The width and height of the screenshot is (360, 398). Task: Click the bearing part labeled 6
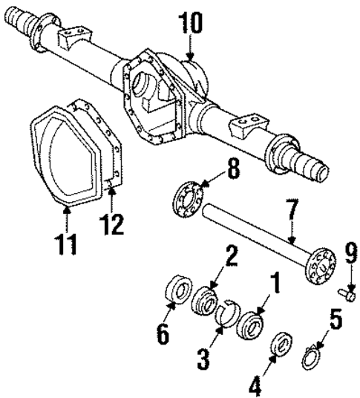click(x=177, y=288)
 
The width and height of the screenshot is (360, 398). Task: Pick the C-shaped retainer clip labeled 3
click(x=224, y=310)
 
